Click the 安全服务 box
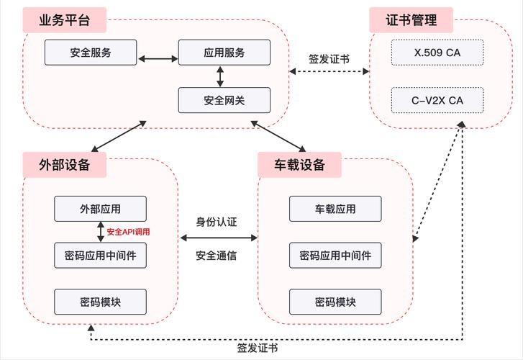tap(91, 53)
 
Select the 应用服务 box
tap(224, 53)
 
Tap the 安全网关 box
tap(224, 100)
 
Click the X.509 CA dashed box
tap(437, 53)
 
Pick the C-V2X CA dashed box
tap(437, 100)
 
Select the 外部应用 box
tap(101, 209)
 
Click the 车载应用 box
tap(335, 209)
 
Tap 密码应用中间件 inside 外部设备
tap(101, 256)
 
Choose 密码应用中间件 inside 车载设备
tap(335, 256)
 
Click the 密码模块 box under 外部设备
tap(101, 302)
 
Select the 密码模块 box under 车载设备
tap(335, 302)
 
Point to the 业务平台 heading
tap(65, 20)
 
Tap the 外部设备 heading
tap(65, 164)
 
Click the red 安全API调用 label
tap(132, 232)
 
